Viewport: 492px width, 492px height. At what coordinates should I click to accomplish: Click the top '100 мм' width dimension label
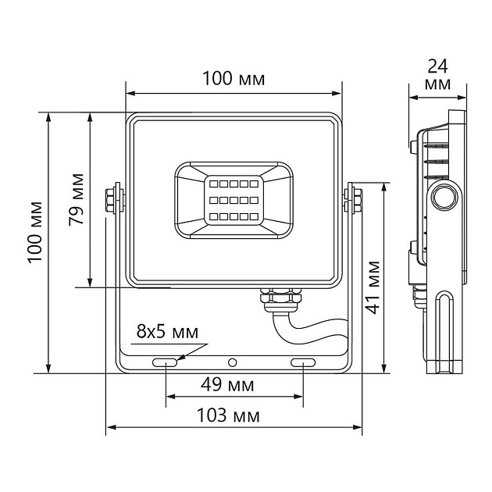(234, 79)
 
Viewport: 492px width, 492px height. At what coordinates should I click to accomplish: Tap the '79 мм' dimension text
(77, 198)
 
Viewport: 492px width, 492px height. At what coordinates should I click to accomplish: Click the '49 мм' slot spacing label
(233, 385)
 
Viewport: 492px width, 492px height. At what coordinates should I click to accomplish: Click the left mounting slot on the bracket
(165, 362)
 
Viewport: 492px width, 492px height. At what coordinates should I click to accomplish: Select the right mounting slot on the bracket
(302, 362)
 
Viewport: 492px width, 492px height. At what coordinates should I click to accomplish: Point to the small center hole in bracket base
(233, 362)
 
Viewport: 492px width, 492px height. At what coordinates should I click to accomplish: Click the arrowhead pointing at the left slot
(180, 358)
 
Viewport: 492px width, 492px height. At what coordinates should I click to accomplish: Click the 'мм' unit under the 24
(439, 83)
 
